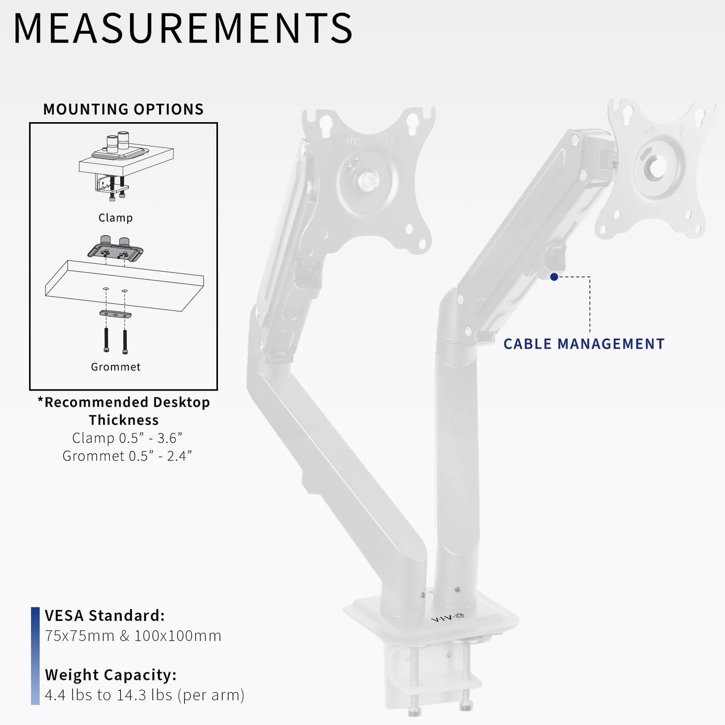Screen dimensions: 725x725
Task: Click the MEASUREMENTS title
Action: (x=183, y=29)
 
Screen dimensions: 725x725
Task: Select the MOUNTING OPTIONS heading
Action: (x=123, y=109)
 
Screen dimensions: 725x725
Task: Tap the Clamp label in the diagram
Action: (x=115, y=218)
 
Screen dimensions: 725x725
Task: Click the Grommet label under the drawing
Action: (x=115, y=367)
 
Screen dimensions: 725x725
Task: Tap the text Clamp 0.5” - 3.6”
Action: (x=127, y=438)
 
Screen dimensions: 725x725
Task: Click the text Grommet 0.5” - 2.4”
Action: (x=127, y=456)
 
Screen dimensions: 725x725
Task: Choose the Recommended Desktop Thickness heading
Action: (x=124, y=411)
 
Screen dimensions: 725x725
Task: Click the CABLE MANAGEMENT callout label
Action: (x=584, y=344)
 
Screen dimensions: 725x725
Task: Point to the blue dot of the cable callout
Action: (x=554, y=277)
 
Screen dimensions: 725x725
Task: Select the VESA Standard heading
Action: (x=105, y=616)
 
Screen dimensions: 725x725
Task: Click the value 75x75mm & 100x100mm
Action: (x=133, y=636)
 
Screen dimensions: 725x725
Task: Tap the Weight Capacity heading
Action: (x=110, y=675)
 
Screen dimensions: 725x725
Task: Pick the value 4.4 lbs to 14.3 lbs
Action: (x=144, y=695)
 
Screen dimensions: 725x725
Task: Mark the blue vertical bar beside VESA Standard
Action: (x=35, y=656)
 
